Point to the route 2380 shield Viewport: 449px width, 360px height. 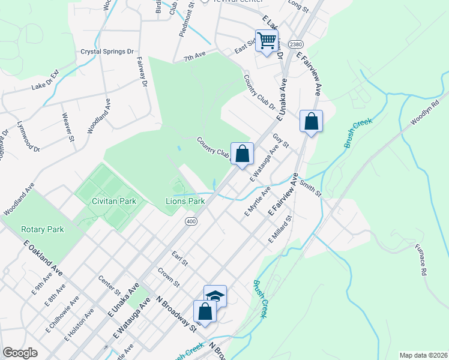(x=295, y=44)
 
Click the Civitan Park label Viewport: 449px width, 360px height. (x=114, y=201)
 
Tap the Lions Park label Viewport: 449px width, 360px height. (x=185, y=201)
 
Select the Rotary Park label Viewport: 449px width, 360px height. (x=42, y=229)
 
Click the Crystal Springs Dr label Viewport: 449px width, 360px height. (x=107, y=52)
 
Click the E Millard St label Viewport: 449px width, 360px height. (x=279, y=230)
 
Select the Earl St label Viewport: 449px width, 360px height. (x=180, y=259)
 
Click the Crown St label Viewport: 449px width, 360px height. (x=169, y=276)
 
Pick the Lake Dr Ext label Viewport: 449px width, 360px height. (x=45, y=80)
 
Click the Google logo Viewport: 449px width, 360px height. (x=20, y=353)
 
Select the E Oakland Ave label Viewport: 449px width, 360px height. (x=43, y=256)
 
